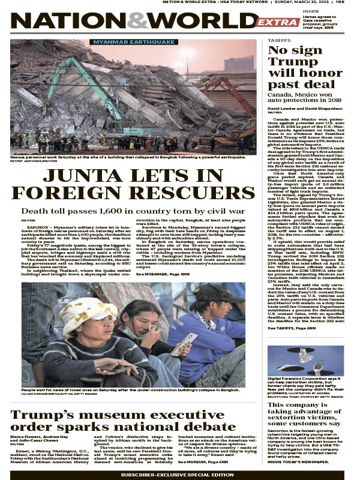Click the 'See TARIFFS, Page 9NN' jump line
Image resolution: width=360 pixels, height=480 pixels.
(292, 328)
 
